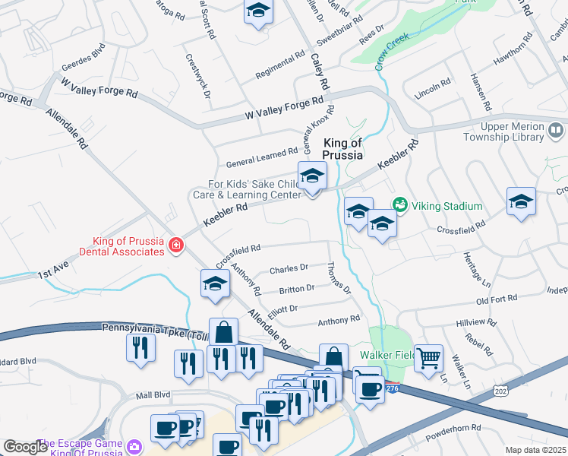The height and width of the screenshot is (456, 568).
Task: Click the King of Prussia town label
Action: click(x=343, y=148)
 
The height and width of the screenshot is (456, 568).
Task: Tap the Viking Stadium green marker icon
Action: click(x=399, y=205)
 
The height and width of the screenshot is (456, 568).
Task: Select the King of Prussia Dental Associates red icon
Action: click(x=176, y=245)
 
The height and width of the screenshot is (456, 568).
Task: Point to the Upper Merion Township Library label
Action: click(x=522, y=132)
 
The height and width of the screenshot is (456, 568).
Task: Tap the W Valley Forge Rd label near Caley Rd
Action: click(x=285, y=108)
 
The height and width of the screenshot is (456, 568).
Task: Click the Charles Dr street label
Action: click(x=289, y=268)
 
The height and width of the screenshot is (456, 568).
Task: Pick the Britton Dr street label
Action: click(x=297, y=289)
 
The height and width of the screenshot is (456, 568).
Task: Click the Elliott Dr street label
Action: click(x=282, y=309)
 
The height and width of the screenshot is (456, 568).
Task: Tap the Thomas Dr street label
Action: click(x=339, y=278)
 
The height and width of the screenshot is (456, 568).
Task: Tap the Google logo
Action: click(x=26, y=447)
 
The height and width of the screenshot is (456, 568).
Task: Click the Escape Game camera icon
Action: click(x=135, y=445)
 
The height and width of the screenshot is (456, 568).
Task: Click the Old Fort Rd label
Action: click(x=496, y=302)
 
